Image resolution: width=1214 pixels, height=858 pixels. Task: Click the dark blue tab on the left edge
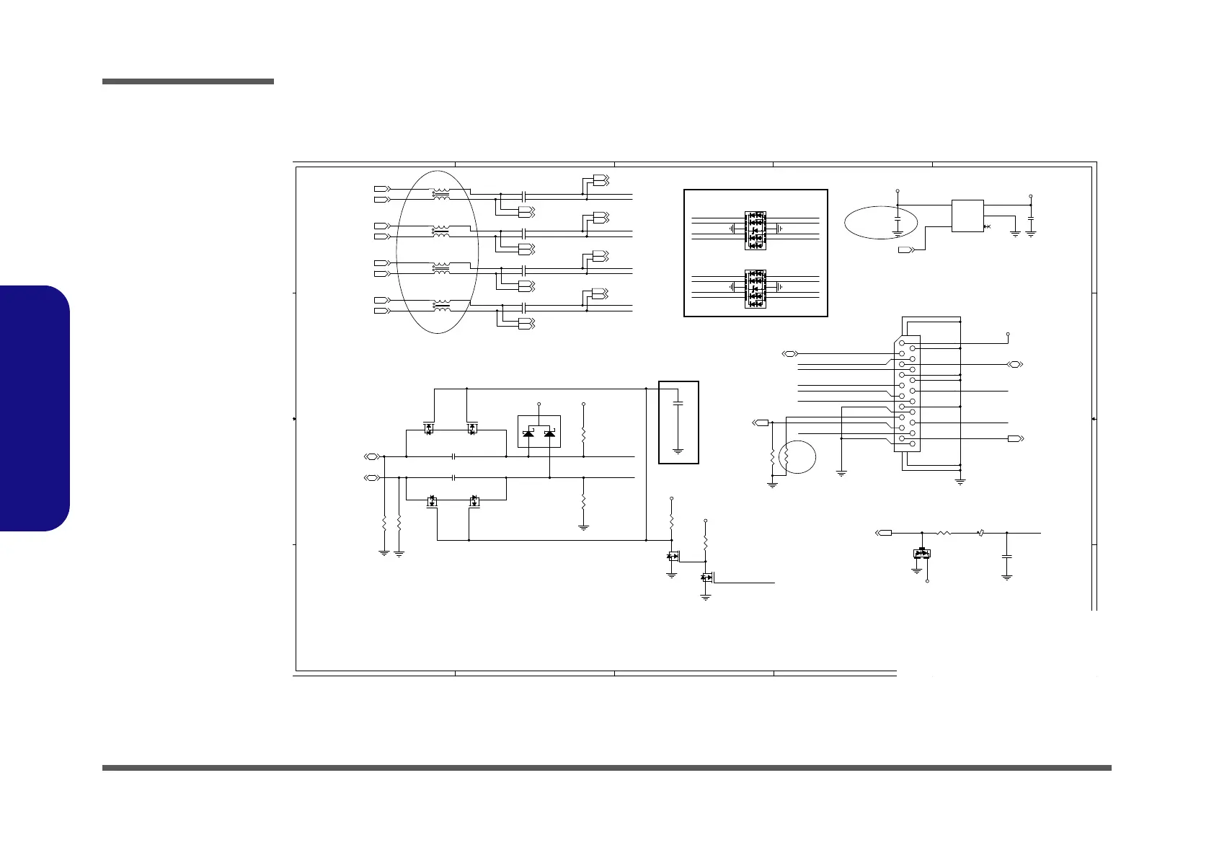click(x=35, y=408)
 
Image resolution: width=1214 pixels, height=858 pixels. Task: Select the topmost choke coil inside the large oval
click(x=440, y=194)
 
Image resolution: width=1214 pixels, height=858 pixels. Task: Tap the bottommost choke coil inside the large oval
click(x=440, y=306)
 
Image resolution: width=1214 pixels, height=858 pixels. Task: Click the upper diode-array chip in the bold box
click(x=755, y=230)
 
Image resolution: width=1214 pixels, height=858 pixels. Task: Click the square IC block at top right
click(x=967, y=216)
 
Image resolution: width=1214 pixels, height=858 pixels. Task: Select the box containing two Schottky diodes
click(x=539, y=431)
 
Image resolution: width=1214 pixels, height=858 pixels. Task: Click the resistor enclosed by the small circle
click(x=787, y=456)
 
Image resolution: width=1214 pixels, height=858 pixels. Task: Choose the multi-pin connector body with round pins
click(x=907, y=394)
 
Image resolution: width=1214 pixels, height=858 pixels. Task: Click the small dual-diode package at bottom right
click(x=922, y=554)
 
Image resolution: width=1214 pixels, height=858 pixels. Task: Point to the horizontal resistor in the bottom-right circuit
click(x=944, y=533)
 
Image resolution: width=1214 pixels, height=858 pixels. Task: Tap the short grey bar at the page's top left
click(x=188, y=81)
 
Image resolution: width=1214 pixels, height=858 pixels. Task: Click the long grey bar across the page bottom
click(x=606, y=768)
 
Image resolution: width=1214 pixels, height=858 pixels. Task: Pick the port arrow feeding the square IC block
click(x=907, y=250)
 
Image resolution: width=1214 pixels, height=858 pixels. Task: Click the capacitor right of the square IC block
click(x=1031, y=217)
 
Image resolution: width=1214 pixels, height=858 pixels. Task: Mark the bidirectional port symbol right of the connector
click(x=1015, y=365)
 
